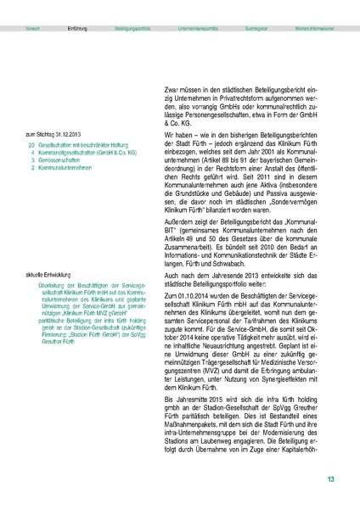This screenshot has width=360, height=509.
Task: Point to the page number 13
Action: point(330,480)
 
